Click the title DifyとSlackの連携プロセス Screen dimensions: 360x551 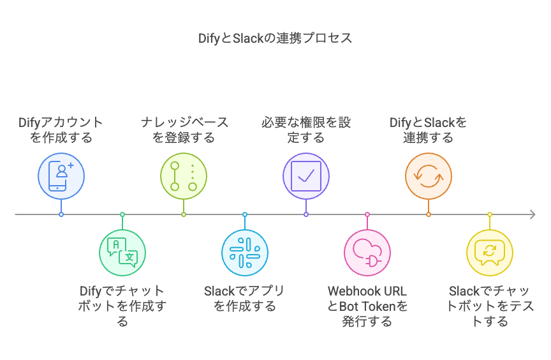pos(275,38)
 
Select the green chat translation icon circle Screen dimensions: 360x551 pos(122,253)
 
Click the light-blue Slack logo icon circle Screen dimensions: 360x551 pos(245,253)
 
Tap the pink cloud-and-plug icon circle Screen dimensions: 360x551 pos(367,253)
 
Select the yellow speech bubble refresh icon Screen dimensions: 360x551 pos(490,253)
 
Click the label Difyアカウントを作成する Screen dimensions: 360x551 pos(61,130)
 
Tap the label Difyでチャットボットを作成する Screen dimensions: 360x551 pos(122,306)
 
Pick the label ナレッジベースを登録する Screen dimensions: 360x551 pos(184,130)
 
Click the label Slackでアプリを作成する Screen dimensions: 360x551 pos(245,299)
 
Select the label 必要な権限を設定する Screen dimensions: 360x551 pos(306,130)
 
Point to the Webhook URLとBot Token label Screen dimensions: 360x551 pos(367,306)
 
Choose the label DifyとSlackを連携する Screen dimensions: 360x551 pos(429,130)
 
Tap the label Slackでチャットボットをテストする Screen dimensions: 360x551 pos(490,306)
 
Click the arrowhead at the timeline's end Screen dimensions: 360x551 pos(532,214)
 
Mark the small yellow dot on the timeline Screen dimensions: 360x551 pos(490,214)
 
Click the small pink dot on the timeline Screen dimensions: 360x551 pos(367,214)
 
